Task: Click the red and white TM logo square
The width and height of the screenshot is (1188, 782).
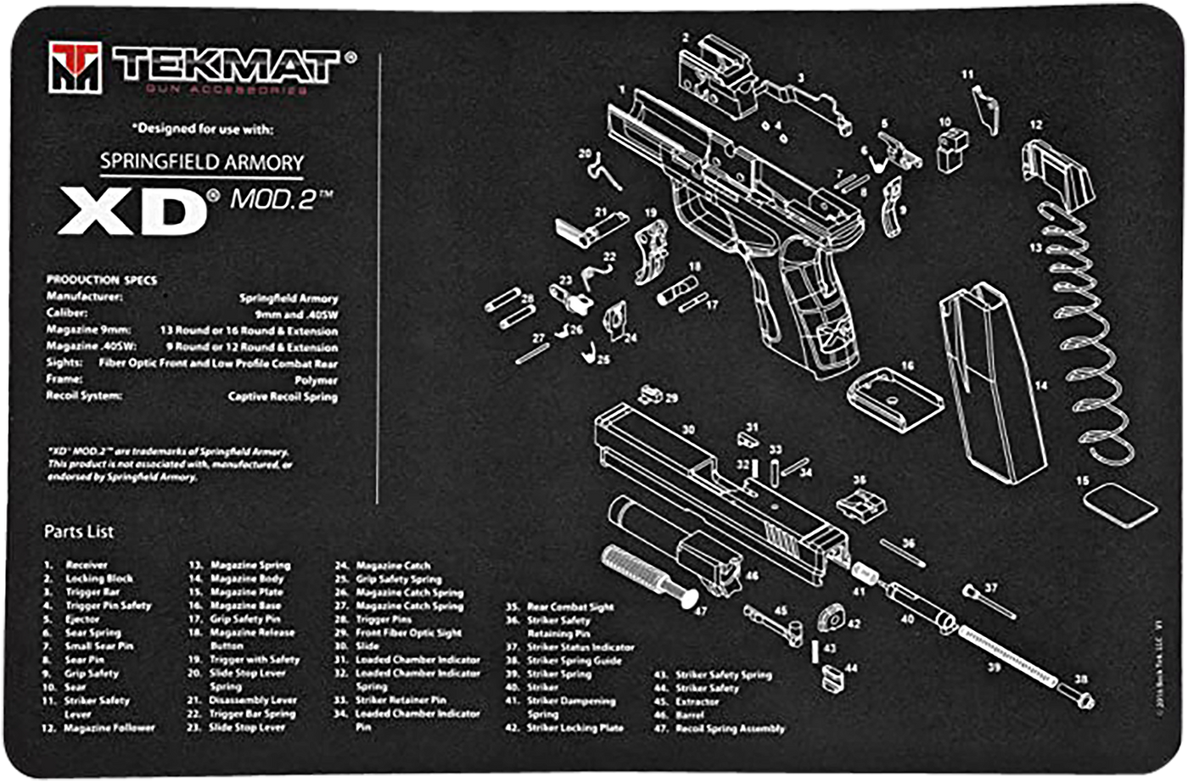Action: (75, 68)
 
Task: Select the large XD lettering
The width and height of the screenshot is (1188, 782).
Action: (133, 211)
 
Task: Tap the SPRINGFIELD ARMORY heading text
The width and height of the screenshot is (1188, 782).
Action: (201, 161)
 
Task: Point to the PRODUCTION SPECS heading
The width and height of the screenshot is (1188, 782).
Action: (101, 280)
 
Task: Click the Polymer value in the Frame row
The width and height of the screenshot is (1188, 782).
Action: (316, 381)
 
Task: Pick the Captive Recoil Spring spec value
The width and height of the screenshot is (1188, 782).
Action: (283, 397)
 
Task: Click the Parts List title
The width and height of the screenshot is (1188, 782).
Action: (79, 532)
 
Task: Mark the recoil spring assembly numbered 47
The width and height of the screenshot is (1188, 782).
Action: (645, 573)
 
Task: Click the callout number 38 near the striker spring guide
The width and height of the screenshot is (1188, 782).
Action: (1079, 679)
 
